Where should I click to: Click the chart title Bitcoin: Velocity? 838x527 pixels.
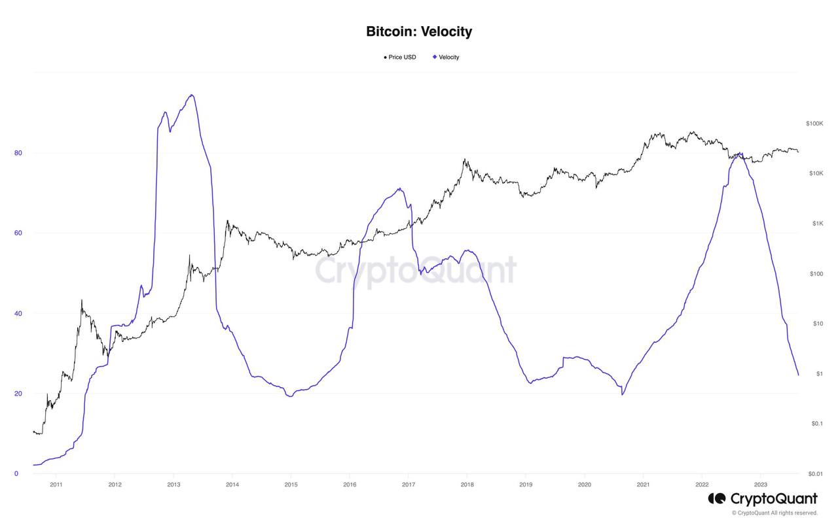click(x=419, y=31)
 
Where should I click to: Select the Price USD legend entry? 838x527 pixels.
click(x=400, y=58)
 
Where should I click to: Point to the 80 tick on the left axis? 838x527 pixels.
click(x=18, y=153)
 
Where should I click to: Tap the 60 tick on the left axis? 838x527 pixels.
click(x=18, y=233)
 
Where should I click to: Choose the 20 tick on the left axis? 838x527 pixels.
click(x=18, y=394)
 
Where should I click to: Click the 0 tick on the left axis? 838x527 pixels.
click(x=16, y=473)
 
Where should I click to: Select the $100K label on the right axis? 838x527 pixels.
click(x=814, y=124)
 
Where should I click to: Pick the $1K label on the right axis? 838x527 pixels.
click(x=817, y=224)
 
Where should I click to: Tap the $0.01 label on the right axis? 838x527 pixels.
click(x=815, y=473)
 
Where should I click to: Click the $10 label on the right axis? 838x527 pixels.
click(x=817, y=324)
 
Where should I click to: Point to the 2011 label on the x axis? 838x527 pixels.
click(x=56, y=485)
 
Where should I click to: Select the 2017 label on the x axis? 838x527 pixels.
click(x=409, y=485)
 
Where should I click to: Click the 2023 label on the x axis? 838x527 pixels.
click(x=761, y=485)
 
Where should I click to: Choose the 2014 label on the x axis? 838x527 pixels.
click(x=232, y=485)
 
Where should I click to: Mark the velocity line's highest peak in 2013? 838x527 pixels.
click(x=191, y=95)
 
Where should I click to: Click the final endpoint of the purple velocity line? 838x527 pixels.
click(x=798, y=375)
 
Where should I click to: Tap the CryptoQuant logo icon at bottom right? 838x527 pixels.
click(x=716, y=499)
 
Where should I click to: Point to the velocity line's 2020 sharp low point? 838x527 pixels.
click(x=623, y=395)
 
